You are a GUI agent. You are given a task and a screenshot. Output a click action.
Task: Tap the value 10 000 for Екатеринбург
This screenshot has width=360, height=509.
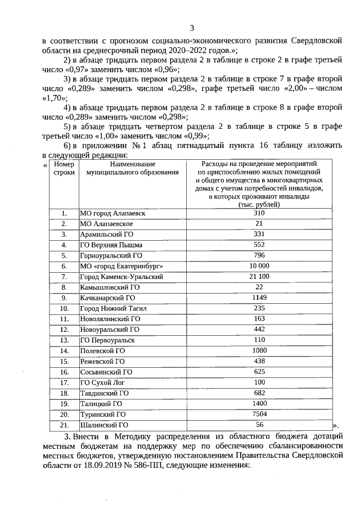point(259,265)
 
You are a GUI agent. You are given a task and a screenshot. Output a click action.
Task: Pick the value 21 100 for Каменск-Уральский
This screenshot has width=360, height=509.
point(259,276)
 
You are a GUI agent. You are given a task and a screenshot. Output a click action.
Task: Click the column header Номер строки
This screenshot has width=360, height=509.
point(64,168)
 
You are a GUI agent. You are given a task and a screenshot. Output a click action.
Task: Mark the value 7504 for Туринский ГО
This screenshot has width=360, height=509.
point(259,415)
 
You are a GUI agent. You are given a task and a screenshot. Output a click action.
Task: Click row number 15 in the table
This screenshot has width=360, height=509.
point(64,361)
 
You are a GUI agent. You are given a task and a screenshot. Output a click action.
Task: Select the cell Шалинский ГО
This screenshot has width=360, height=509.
point(104,425)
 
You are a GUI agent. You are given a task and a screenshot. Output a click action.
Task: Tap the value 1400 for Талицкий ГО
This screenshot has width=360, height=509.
point(259,404)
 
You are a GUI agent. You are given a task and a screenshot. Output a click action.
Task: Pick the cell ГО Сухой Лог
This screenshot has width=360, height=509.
point(103,382)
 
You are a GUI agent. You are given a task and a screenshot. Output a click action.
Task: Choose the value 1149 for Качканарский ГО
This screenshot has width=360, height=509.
point(259,298)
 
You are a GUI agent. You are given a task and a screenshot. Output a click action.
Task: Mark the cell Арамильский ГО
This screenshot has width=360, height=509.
point(107,234)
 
